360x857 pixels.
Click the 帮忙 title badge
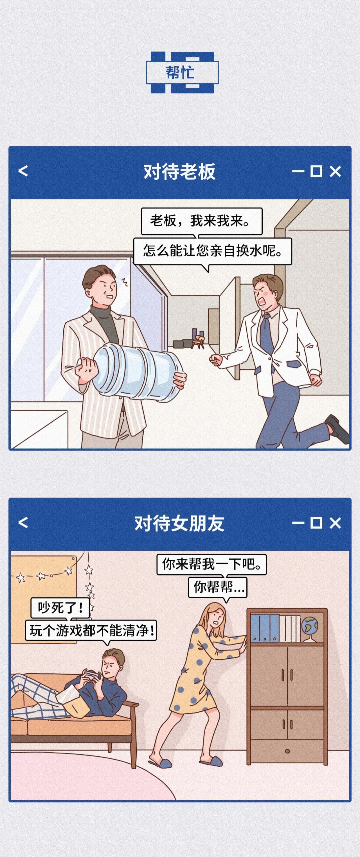click(182, 72)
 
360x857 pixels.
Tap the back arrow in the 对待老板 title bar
click(23, 171)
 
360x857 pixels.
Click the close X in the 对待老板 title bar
click(335, 171)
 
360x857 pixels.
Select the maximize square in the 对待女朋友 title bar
click(316, 523)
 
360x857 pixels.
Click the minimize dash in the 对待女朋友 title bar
click(298, 523)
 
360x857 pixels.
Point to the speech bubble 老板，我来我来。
click(202, 221)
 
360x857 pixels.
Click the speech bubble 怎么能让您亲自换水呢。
click(213, 251)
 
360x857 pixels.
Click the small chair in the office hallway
click(199, 340)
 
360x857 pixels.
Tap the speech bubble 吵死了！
click(60, 608)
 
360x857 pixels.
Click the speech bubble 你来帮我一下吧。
click(212, 564)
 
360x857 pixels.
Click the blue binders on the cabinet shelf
click(265, 628)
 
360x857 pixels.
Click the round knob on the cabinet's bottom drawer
click(287, 751)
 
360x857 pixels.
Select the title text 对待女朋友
click(179, 523)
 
